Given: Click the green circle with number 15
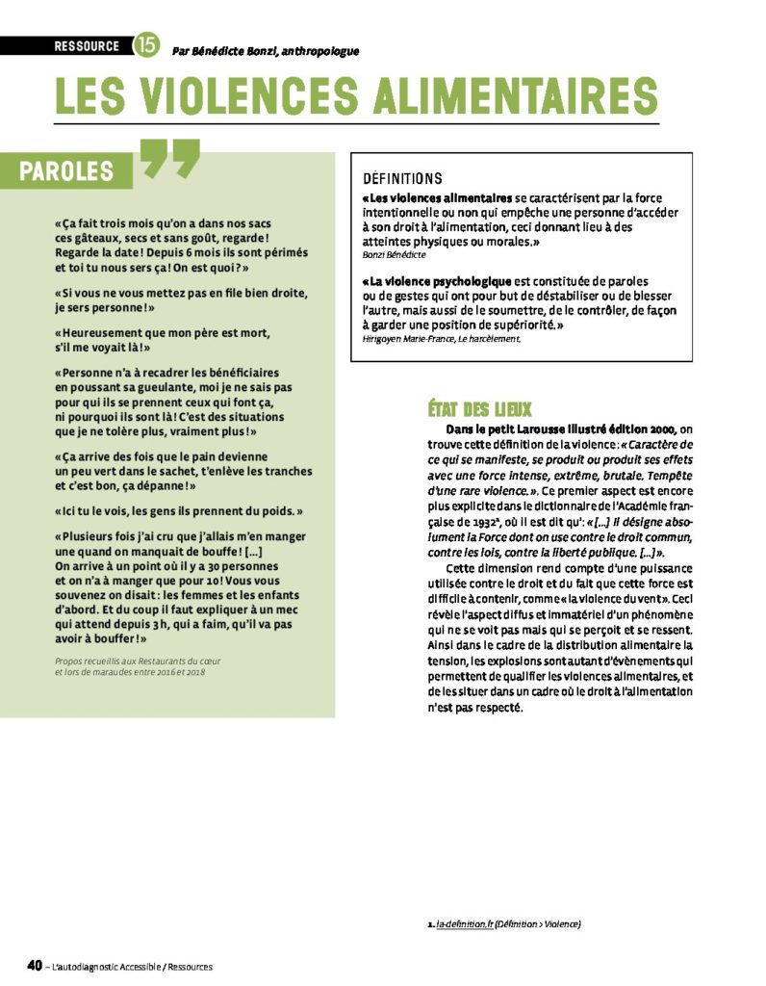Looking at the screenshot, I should click(x=146, y=44).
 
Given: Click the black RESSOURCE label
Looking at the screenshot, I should click(x=87, y=45).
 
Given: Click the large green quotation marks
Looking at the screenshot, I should click(x=170, y=160).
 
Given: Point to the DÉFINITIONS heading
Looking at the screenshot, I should click(x=402, y=179).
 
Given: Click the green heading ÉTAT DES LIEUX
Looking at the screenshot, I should click(x=479, y=408).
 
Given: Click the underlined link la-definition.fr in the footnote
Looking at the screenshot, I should click(x=465, y=924).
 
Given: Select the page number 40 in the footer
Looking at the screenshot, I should click(x=34, y=965).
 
